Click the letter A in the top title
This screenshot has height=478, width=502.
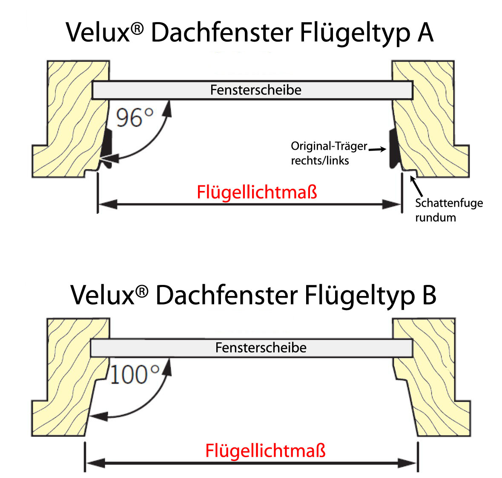(425, 33)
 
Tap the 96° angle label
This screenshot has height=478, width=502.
(134, 118)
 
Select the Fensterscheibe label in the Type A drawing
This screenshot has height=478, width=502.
(255, 90)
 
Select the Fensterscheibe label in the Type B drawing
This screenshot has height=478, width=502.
(261, 347)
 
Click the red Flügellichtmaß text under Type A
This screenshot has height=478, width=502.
(257, 193)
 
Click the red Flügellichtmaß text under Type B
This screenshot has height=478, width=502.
(265, 451)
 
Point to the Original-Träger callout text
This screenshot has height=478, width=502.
(328, 153)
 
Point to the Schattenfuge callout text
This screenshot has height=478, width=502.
(448, 210)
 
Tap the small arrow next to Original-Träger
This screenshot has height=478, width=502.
(377, 149)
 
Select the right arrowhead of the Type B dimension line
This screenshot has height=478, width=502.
(408, 463)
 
